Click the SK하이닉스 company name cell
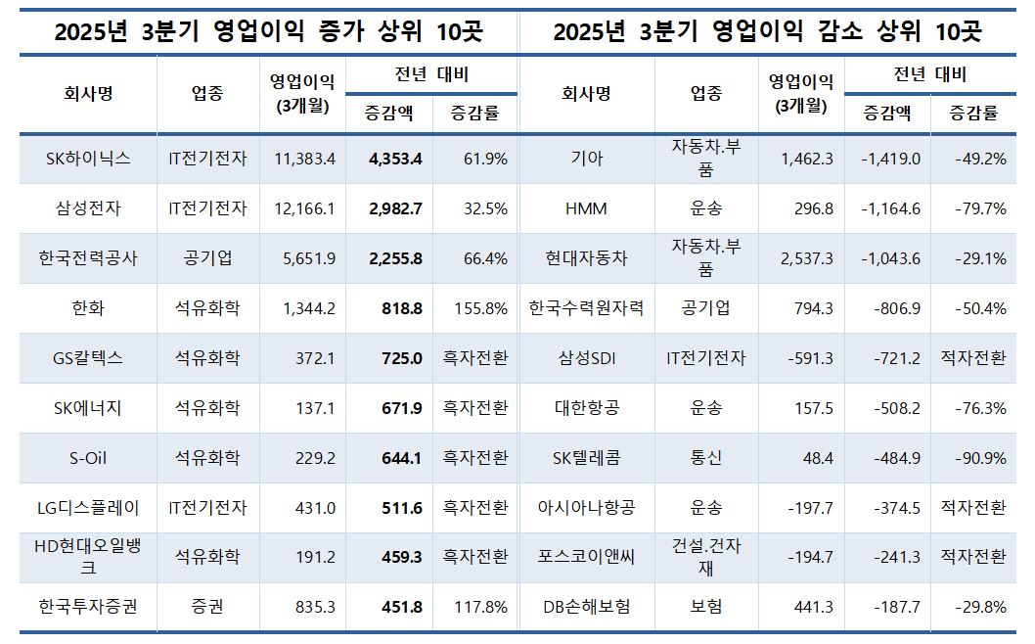click(x=88, y=159)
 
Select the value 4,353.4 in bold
click(x=395, y=159)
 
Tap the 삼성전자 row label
click(x=88, y=208)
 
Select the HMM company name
click(x=586, y=208)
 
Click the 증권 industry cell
click(x=207, y=607)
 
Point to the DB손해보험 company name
click(x=586, y=607)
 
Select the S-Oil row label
click(x=88, y=458)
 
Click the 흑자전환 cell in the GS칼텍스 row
click(x=474, y=358)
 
